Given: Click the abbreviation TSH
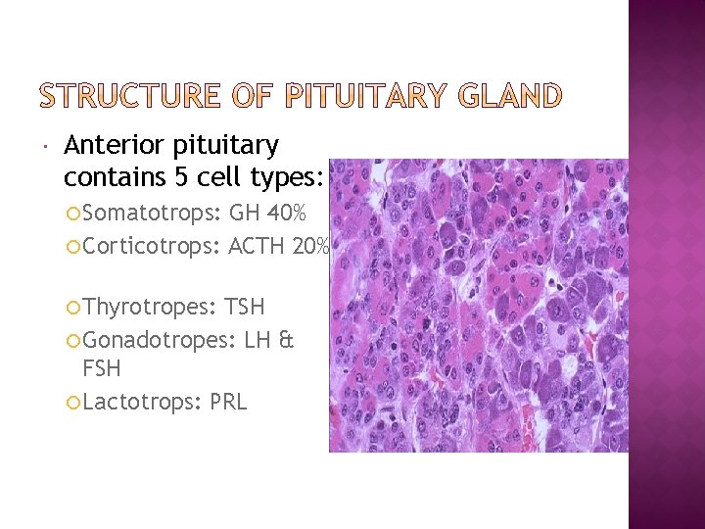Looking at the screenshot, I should pos(245,308).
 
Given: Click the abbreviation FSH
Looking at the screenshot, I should pos(102,369).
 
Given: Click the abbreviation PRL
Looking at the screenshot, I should pos(228,402).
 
